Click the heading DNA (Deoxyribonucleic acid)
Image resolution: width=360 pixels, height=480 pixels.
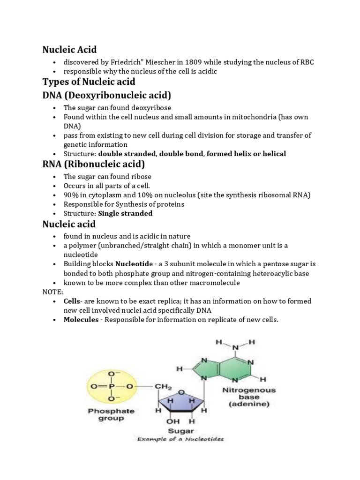107,95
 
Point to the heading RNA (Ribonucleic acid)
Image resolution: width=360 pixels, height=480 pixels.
94,164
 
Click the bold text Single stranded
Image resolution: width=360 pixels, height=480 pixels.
125,213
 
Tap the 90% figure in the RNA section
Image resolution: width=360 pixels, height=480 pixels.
71,195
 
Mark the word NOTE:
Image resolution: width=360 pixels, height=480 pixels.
53,292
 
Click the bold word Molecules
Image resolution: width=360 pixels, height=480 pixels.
81,320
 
